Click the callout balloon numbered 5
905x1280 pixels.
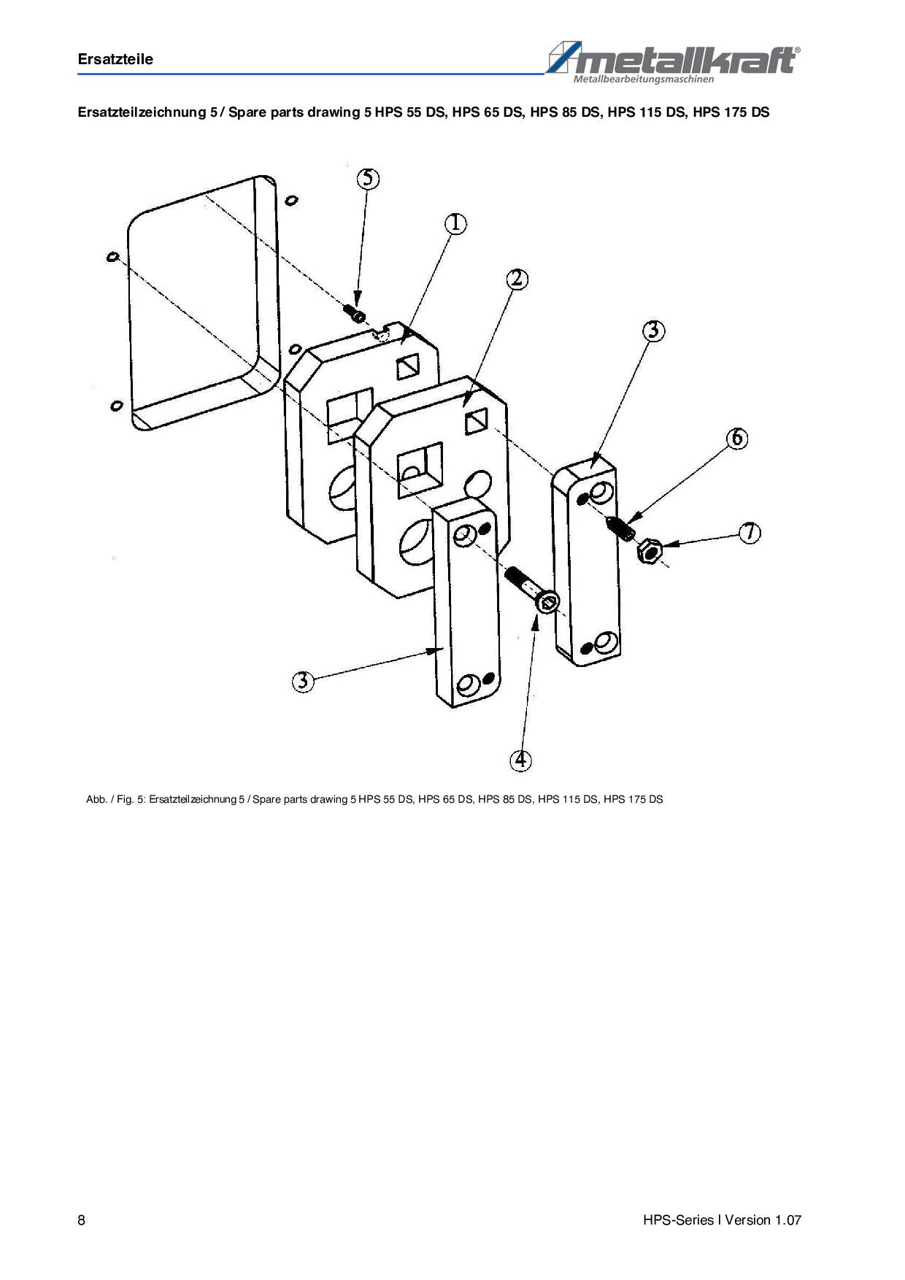coord(368,179)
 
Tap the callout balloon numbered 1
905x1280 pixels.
coord(455,223)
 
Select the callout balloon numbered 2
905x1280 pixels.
coord(517,279)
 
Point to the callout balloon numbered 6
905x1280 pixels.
coord(737,438)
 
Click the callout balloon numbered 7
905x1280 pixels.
coord(750,533)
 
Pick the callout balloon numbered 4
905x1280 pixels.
coord(520,760)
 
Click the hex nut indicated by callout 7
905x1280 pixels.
coord(649,551)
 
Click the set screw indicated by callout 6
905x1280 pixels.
coord(621,528)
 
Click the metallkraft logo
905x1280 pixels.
coord(672,61)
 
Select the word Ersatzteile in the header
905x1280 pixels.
coord(115,59)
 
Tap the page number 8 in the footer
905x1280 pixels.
coord(81,1220)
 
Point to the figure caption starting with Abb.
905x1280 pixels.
coord(374,799)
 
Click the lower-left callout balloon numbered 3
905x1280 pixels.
coord(303,682)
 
